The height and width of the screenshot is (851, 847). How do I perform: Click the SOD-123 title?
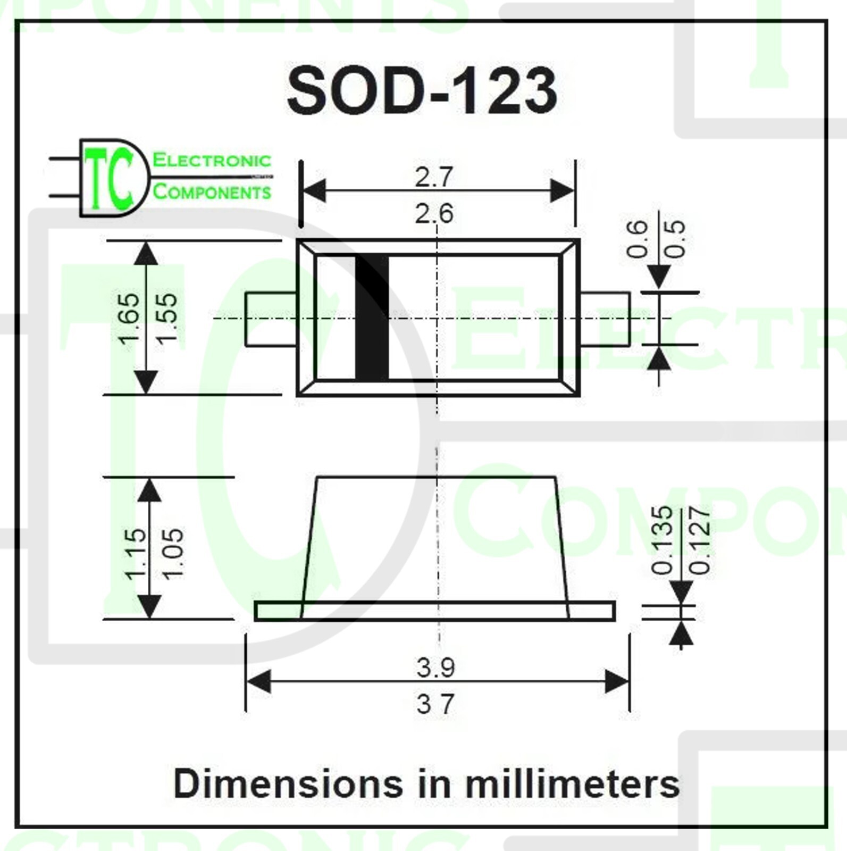(x=422, y=90)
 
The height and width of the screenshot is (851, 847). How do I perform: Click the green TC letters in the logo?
(x=109, y=178)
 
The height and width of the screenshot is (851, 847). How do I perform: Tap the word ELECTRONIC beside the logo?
(x=212, y=160)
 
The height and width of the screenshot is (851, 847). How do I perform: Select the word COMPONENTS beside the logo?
(x=212, y=191)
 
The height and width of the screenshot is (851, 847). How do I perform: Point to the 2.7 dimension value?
(x=434, y=177)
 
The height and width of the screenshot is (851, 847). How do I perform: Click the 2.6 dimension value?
(x=434, y=214)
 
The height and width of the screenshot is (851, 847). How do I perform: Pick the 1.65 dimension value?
(x=129, y=318)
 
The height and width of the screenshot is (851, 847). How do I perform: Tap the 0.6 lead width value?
(x=637, y=239)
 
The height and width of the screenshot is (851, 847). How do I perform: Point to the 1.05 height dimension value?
(x=172, y=553)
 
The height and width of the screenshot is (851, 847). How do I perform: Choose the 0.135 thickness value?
(x=662, y=540)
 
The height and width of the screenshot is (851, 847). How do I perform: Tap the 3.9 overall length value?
(x=436, y=668)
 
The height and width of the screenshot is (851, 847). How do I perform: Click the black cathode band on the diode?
(x=372, y=318)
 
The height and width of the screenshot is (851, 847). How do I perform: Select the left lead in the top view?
(x=271, y=319)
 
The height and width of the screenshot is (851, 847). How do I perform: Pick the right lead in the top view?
(x=605, y=319)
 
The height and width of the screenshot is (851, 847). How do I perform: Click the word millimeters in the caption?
(x=572, y=784)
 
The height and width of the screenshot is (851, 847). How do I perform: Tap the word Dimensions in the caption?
(x=288, y=784)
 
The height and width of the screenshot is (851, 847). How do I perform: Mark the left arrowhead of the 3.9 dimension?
(x=258, y=681)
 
